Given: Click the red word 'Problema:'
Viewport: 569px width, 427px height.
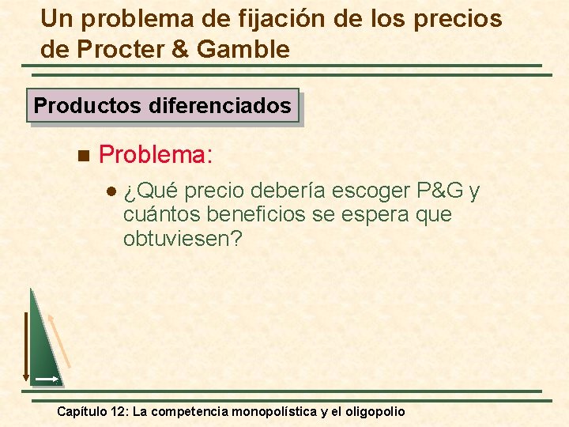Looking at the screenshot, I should [156, 153].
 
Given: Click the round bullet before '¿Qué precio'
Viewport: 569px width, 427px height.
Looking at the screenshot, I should [111, 192].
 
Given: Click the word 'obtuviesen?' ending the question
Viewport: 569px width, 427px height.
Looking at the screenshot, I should [183, 238].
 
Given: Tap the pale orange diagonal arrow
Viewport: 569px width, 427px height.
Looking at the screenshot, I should [59, 340].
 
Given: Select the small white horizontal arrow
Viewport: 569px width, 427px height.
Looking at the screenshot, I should [47, 380].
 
